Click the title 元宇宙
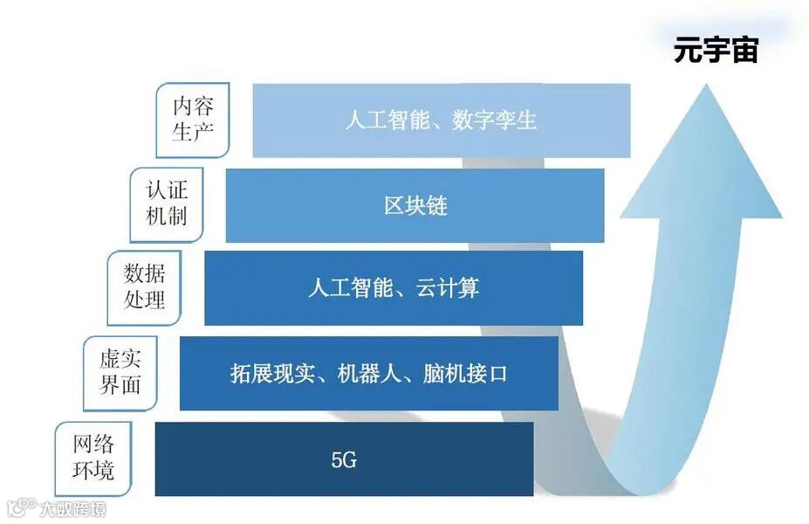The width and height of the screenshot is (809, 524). pos(716,50)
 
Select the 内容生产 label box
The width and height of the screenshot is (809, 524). pos(193,120)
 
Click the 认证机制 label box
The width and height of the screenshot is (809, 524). pos(167,203)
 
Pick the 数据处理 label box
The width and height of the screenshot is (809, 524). pos(144,286)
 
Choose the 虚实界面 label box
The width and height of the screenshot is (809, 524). pos(120,371)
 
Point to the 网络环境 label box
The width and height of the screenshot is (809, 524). pos(93,457)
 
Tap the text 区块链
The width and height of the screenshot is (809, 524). pos(415,206)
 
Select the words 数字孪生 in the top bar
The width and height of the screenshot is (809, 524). pos(494,121)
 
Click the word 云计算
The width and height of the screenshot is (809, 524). pos(447,288)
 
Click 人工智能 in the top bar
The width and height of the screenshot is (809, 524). pos(379,121)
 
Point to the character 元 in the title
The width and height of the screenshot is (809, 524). pos(688,50)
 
